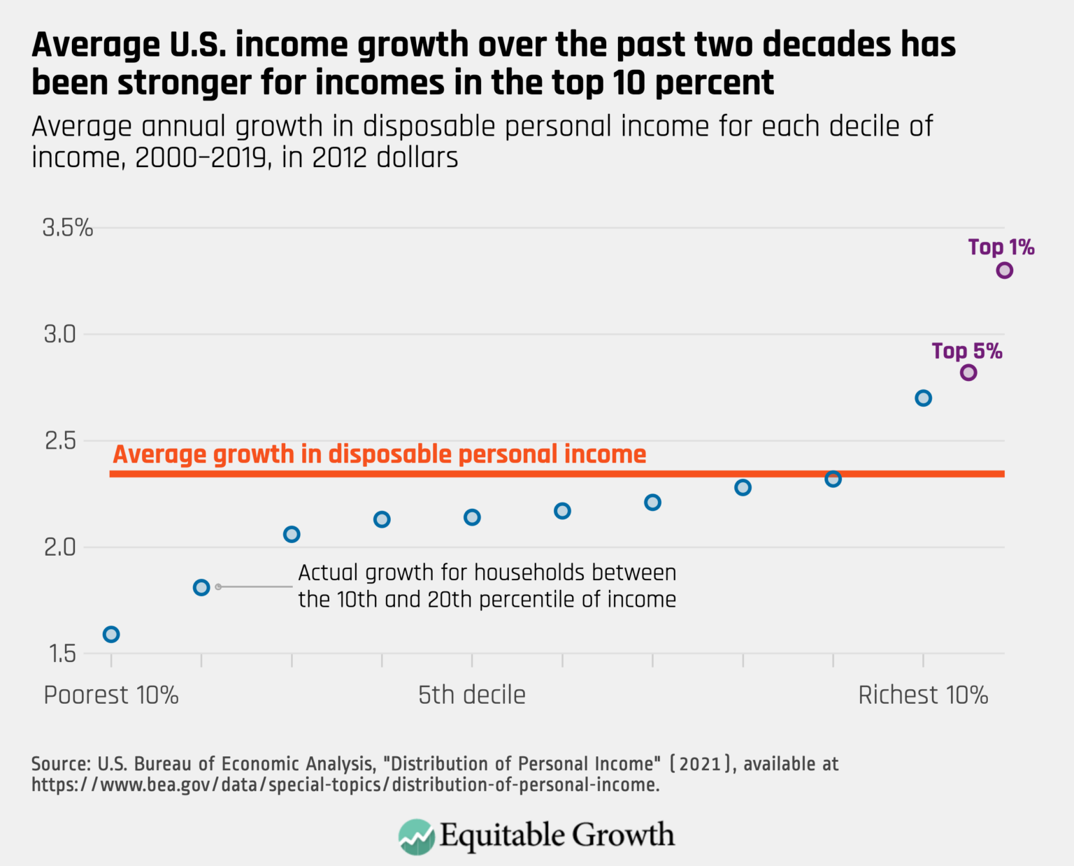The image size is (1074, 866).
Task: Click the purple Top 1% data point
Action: pyautogui.click(x=1004, y=270)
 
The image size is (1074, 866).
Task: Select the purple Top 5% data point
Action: pyautogui.click(x=968, y=373)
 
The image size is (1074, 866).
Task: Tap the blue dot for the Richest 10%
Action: pyautogui.click(x=923, y=398)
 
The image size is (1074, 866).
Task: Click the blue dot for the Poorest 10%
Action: pyautogui.click(x=111, y=634)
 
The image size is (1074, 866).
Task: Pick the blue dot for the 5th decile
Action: pyautogui.click(x=472, y=517)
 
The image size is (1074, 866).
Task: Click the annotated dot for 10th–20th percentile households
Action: pyautogui.click(x=201, y=587)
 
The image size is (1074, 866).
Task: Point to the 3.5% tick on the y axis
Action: pyautogui.click(x=68, y=228)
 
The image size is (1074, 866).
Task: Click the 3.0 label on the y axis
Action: pyautogui.click(x=59, y=335)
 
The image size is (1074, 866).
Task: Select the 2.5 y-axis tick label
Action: pyautogui.click(x=59, y=441)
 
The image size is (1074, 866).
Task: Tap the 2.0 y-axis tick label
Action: pyautogui.click(x=59, y=547)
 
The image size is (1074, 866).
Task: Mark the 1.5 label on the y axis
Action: pyautogui.click(x=62, y=654)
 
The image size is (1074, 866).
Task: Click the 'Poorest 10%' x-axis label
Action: pyautogui.click(x=111, y=695)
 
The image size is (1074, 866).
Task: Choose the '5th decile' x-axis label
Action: pyautogui.click(x=472, y=695)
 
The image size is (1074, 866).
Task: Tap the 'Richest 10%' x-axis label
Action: pyautogui.click(x=923, y=695)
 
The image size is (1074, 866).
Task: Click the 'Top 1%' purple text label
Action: pyautogui.click(x=1001, y=247)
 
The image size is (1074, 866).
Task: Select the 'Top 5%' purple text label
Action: pyautogui.click(x=966, y=351)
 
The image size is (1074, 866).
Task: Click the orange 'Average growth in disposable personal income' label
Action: pyautogui.click(x=380, y=454)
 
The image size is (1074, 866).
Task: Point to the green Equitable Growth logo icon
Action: pyautogui.click(x=416, y=837)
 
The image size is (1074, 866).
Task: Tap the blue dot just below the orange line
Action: pyautogui.click(x=833, y=479)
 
